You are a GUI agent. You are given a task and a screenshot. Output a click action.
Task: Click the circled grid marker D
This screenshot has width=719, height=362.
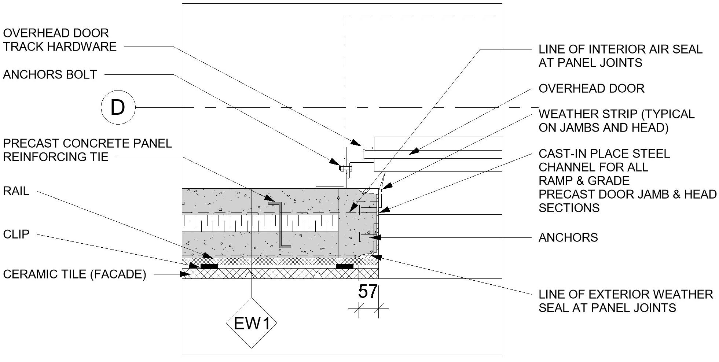118,108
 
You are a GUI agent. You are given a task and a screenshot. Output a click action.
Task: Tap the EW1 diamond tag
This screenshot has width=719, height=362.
252,323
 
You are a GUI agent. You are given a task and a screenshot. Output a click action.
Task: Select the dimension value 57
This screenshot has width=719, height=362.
367,292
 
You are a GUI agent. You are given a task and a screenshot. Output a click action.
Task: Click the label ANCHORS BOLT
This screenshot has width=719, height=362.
50,74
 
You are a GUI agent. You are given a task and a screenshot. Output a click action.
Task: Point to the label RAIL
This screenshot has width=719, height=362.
16,191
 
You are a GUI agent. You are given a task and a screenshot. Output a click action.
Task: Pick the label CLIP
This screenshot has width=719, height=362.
16,234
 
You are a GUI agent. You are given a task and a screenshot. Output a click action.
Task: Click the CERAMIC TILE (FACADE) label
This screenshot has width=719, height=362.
74,274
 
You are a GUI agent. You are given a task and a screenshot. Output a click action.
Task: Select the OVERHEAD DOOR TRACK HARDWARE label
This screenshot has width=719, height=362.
60,40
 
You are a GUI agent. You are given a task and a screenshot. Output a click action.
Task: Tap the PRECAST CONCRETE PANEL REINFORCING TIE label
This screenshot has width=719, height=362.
87,150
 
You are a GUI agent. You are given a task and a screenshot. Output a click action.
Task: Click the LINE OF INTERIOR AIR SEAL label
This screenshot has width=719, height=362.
620,56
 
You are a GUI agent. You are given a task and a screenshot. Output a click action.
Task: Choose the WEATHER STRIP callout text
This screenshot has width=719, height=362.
616,121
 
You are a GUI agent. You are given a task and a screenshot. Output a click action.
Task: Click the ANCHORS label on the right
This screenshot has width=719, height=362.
568,238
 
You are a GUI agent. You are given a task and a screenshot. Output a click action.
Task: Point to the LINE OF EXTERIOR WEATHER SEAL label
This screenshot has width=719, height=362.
626,301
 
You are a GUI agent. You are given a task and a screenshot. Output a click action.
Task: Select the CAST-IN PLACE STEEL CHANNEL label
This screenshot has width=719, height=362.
627,181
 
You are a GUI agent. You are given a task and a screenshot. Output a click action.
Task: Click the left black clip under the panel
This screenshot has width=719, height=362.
209,266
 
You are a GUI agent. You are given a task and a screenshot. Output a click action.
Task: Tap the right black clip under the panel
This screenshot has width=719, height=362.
345,266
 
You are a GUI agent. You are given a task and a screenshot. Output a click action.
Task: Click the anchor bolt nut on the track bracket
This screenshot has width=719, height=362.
345,168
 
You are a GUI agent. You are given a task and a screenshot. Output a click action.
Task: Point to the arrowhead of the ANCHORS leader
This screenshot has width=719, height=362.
377,238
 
